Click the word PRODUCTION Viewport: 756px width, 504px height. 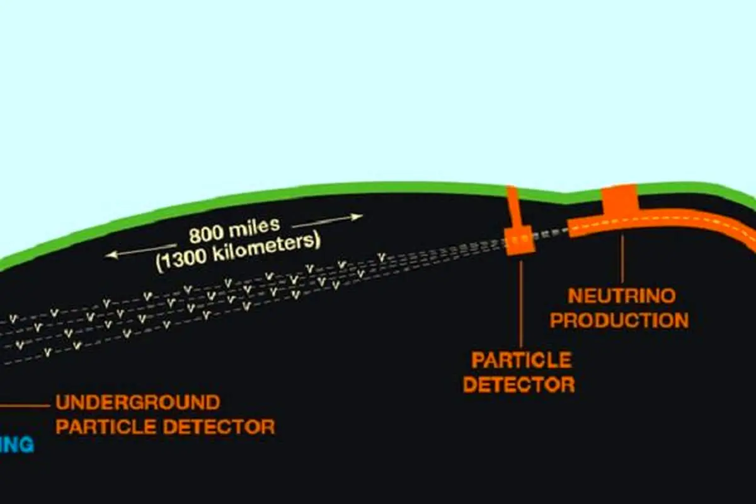coord(620,321)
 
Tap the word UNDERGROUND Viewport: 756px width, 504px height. coord(138,403)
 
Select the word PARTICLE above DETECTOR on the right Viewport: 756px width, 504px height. coord(522,360)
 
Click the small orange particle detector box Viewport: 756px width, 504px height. coord(520,240)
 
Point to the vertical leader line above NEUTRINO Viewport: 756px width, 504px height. coord(622,258)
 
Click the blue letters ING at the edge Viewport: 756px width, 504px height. coord(16,445)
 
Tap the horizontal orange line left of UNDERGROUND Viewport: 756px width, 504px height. coord(25,406)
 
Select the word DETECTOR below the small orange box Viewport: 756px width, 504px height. coord(519,384)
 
